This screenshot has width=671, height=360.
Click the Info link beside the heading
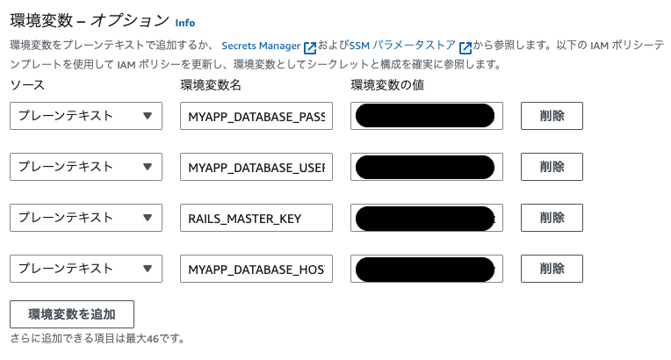(x=185, y=22)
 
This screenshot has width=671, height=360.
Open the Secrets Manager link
(x=261, y=45)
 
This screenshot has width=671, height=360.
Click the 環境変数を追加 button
(x=72, y=313)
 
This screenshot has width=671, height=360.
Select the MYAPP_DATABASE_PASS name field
(x=256, y=116)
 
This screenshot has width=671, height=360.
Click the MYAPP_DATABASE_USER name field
(x=256, y=167)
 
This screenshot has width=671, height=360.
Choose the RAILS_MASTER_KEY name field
(x=256, y=218)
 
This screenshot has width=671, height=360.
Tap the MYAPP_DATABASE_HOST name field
(x=256, y=269)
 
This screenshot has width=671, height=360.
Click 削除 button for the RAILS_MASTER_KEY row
(x=552, y=218)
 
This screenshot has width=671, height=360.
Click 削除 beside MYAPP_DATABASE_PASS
(x=552, y=116)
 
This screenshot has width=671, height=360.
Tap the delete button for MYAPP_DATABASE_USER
(x=552, y=167)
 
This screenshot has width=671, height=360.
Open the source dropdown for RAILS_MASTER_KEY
(x=86, y=218)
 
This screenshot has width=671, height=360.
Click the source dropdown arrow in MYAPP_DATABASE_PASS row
(x=148, y=116)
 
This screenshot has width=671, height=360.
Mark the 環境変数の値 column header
(x=388, y=85)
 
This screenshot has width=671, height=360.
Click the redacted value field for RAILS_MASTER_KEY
(x=426, y=218)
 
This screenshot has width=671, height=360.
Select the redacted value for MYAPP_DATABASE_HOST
(x=426, y=269)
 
